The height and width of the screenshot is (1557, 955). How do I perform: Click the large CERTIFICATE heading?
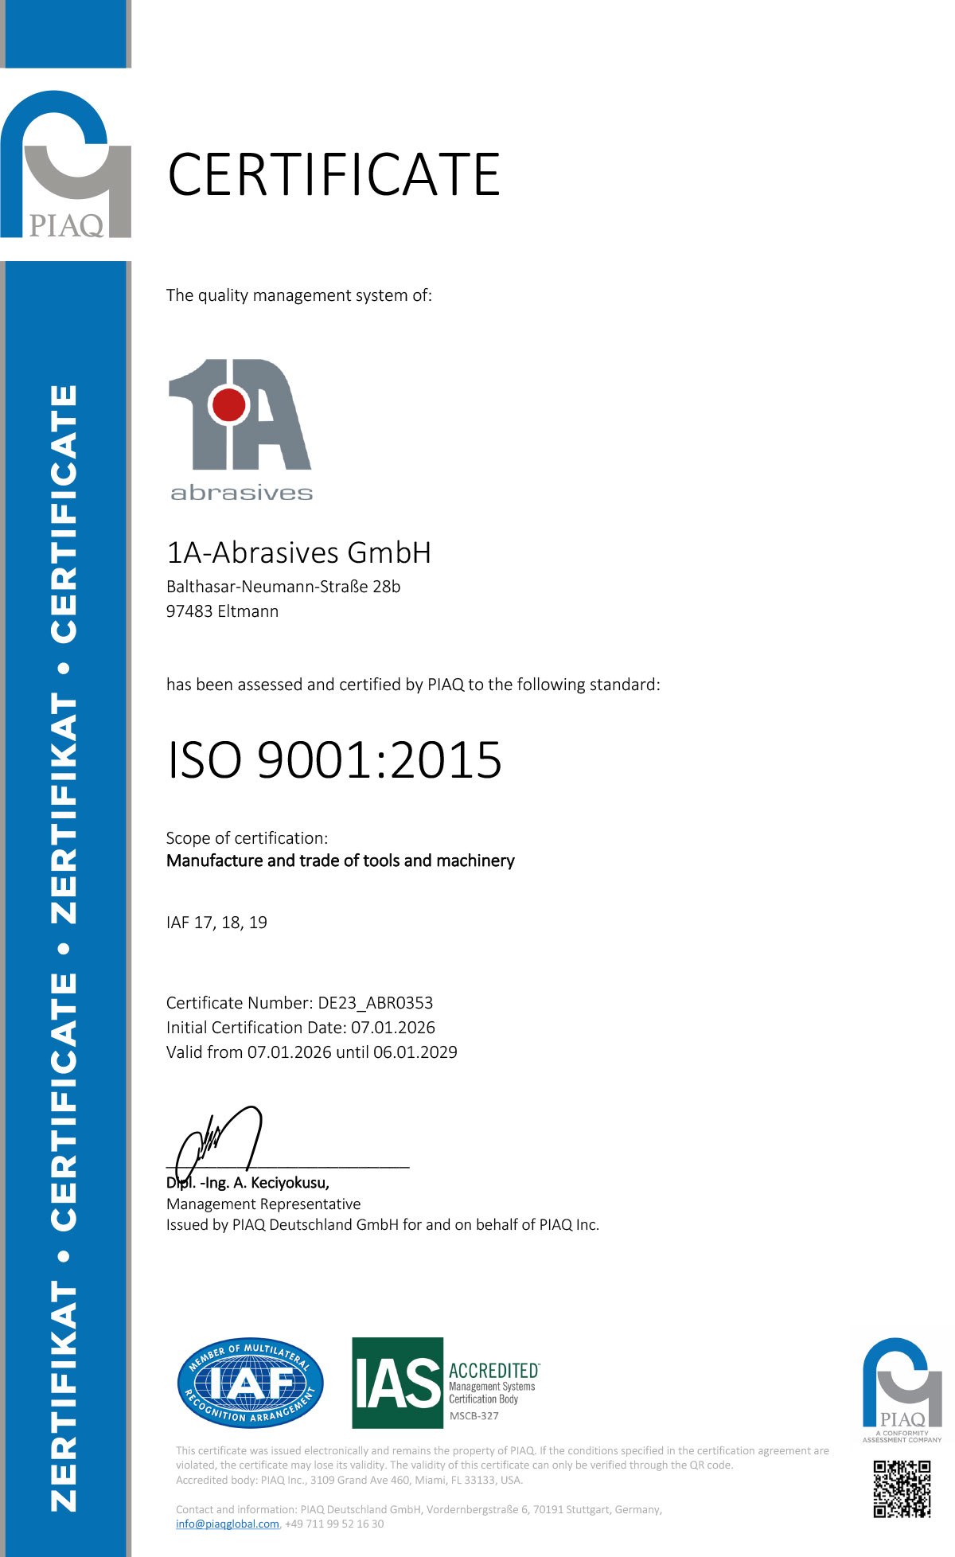coord(333,175)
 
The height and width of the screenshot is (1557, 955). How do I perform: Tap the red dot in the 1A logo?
coord(230,405)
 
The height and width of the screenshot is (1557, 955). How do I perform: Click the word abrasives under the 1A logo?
coord(241,494)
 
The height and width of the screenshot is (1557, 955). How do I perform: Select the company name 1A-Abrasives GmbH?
coord(298,552)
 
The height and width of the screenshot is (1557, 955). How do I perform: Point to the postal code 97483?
coord(189,611)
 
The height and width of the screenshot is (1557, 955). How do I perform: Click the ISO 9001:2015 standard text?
coord(334,759)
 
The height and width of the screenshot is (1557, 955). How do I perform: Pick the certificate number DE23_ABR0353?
coord(376,1003)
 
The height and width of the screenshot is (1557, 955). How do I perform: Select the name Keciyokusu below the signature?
coord(289,1183)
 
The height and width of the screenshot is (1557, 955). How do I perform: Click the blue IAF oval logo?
coord(250,1383)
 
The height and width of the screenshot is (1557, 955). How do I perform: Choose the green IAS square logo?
coord(397,1383)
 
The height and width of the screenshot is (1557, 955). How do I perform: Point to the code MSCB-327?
coord(474,1416)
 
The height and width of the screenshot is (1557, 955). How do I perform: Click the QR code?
coord(902,1489)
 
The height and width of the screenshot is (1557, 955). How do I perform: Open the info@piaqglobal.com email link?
coord(228,1524)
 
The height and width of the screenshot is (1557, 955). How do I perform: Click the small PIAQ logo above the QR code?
coord(902,1385)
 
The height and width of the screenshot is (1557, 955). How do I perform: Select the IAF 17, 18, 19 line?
coord(216,923)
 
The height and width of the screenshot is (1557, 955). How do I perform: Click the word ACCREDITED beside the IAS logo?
coord(494,1371)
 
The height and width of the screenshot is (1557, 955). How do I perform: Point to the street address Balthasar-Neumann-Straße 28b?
coord(283,587)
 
